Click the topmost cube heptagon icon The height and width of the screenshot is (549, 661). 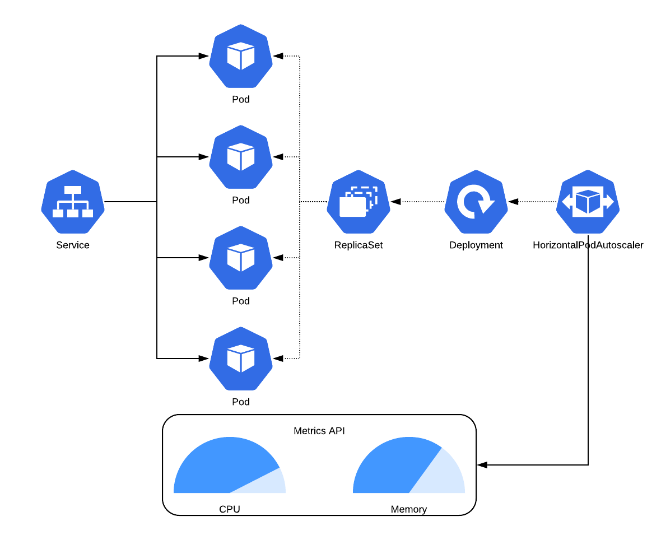tap(241, 56)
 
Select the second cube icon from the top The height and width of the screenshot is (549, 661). tap(241, 157)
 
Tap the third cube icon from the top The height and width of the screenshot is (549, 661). tap(241, 258)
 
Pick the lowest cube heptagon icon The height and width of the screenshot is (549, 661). tap(241, 359)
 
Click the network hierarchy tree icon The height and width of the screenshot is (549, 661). tap(73, 202)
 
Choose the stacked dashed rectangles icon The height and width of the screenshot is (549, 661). tap(359, 202)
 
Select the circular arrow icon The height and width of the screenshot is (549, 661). tap(476, 202)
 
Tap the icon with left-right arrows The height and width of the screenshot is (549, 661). tap(588, 202)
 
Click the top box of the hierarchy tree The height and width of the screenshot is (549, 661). tap(73, 190)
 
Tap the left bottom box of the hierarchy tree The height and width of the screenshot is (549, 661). tap(58, 213)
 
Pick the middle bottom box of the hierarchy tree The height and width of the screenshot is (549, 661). tap(73, 213)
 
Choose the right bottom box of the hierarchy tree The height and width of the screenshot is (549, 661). tap(88, 213)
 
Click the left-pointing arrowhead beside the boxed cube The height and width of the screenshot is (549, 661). tap(566, 202)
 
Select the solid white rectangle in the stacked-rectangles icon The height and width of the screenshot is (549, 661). tap(352, 207)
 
